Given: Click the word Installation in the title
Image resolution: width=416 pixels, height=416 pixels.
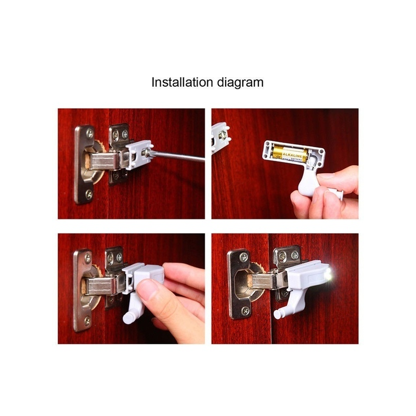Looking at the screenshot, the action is (x=182, y=82).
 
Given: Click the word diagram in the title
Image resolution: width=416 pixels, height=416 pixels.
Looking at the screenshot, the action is (x=240, y=83).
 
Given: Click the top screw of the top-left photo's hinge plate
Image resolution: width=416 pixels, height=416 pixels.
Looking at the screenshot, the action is (x=90, y=133).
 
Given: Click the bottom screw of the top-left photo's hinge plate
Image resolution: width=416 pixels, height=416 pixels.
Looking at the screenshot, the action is (x=89, y=194).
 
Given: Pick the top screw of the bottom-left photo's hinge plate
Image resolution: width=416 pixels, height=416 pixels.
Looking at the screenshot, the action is (x=87, y=257).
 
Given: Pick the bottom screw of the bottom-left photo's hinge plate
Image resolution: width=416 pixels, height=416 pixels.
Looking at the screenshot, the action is (x=87, y=321).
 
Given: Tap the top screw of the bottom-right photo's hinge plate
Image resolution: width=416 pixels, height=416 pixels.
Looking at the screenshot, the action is (x=243, y=256).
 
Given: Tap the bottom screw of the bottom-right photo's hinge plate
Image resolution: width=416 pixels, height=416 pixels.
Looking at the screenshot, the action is (x=245, y=310).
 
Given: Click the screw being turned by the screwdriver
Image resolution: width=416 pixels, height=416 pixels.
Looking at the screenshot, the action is (x=147, y=153).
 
